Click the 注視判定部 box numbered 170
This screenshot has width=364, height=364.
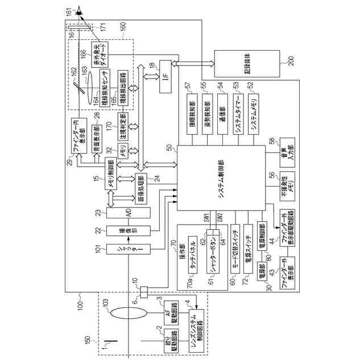(x=121, y=125)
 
